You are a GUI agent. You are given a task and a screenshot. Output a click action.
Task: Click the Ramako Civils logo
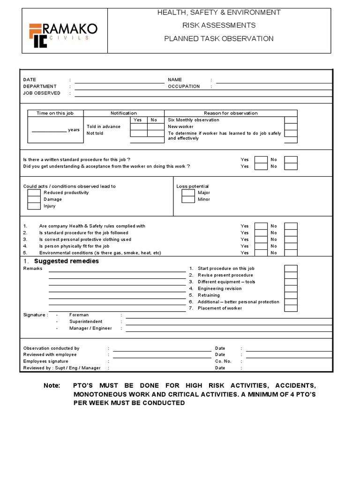tap(63, 34)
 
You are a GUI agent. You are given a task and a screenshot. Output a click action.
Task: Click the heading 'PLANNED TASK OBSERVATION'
tap(218, 38)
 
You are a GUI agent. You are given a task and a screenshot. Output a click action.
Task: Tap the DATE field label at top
tap(30, 80)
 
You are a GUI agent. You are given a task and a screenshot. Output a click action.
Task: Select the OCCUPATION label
tap(184, 86)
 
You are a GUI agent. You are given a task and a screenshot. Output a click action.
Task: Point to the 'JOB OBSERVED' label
tap(42, 93)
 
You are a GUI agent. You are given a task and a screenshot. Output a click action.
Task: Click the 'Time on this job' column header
tap(55, 113)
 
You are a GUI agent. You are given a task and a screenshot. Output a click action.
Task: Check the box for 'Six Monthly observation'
tap(291, 120)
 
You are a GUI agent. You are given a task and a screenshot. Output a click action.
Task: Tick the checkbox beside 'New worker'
tap(291, 127)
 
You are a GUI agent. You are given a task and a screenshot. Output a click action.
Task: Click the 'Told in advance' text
tap(104, 127)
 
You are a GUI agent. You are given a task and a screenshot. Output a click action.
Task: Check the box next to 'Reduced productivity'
tap(34, 193)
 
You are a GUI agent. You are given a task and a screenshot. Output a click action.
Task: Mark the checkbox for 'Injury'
tap(34, 206)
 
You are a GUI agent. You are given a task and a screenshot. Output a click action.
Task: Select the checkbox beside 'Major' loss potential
tap(188, 193)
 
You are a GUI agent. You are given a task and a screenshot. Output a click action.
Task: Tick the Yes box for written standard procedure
tap(261, 159)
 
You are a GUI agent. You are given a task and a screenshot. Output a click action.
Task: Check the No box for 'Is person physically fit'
tap(291, 246)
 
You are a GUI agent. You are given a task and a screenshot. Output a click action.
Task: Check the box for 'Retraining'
tap(291, 295)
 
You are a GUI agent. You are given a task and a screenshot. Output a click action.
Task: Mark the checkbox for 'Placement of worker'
tap(291, 308)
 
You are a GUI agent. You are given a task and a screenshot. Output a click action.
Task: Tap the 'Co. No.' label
tap(223, 361)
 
